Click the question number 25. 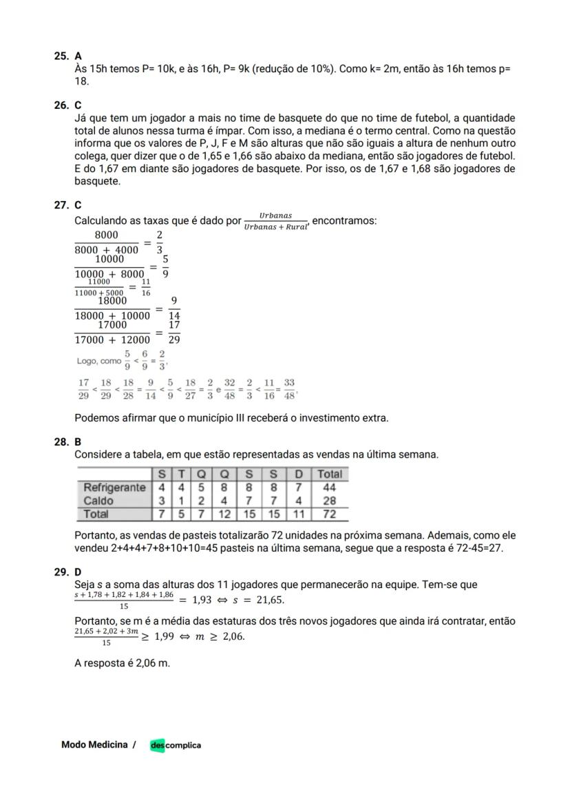pyautogui.click(x=61, y=55)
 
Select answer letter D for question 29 pyautogui.click(x=78, y=572)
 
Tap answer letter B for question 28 pyautogui.click(x=78, y=441)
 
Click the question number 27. pyautogui.click(x=61, y=205)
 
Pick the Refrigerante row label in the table pyautogui.click(x=114, y=488)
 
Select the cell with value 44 pyautogui.click(x=329, y=488)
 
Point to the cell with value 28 pyautogui.click(x=329, y=501)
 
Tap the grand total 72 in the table pyautogui.click(x=329, y=514)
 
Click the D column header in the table pyautogui.click(x=298, y=474)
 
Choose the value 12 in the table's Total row pyautogui.click(x=225, y=514)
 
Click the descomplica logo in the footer pyautogui.click(x=176, y=745)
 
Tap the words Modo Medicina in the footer pyautogui.click(x=94, y=744)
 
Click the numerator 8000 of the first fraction pyautogui.click(x=106, y=236)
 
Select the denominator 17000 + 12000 pyautogui.click(x=112, y=339)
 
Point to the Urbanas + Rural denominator pyautogui.click(x=276, y=227)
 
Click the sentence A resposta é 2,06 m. pyautogui.click(x=122, y=663)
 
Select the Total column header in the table pyautogui.click(x=329, y=474)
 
